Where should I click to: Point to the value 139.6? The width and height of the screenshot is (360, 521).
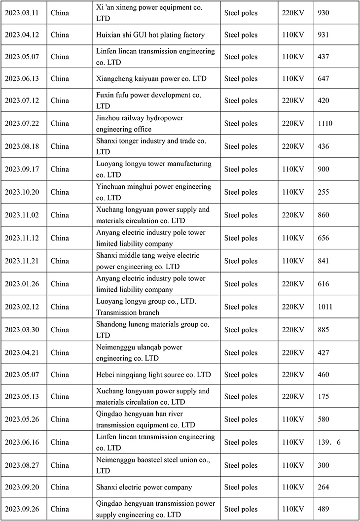pyautogui.click(x=330, y=442)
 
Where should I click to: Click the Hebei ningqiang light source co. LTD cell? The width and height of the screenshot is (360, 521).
pyautogui.click(x=152, y=375)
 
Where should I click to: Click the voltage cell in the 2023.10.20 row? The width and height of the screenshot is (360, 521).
pyautogui.click(x=292, y=192)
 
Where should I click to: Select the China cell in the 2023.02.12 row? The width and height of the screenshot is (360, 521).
pyautogui.click(x=60, y=307)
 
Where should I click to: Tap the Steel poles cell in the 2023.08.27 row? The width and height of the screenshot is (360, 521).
pyautogui.click(x=241, y=465)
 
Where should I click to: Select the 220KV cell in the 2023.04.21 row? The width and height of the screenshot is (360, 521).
pyautogui.click(x=292, y=352)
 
